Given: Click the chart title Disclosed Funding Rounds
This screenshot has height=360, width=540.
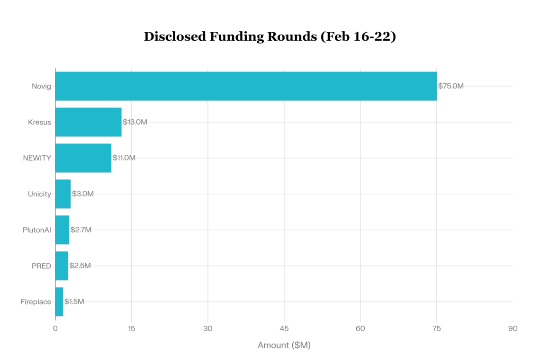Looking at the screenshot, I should pos(270,36).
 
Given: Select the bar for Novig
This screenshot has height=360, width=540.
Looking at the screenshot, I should pos(246,86).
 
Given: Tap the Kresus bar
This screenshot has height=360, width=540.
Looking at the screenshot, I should pos(88,122).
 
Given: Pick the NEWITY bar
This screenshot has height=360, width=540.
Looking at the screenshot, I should pos(83,158).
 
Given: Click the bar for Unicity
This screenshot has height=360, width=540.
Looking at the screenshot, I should pos(63,194).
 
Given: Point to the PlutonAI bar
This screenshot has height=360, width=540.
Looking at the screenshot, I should pos(62,230).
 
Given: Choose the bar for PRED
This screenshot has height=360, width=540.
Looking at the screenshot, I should pos(62,266).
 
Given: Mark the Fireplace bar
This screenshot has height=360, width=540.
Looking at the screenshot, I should pos(59,302).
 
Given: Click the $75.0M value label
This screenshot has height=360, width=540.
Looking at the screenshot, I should pos(450,86).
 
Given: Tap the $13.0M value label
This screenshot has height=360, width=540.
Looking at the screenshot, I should pos(135,122).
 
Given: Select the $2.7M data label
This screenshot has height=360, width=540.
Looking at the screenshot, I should pos(81,230).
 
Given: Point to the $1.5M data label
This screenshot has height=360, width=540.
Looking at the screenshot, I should pos(74,302).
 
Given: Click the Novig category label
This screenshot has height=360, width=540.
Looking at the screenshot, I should pos(41,86).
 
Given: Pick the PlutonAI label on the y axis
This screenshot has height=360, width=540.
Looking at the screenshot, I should pos(36,230).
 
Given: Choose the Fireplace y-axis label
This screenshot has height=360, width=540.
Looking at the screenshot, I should pos(36,302).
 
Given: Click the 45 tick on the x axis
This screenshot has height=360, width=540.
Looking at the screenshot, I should pos(284,328).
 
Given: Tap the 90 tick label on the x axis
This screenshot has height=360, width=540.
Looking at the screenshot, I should pos(513,328).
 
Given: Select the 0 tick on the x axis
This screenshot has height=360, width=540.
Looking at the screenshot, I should pos(55,328).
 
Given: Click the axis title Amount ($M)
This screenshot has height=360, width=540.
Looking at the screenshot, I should pos(284,345).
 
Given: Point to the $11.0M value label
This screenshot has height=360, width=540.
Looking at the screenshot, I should pos(124,158).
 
